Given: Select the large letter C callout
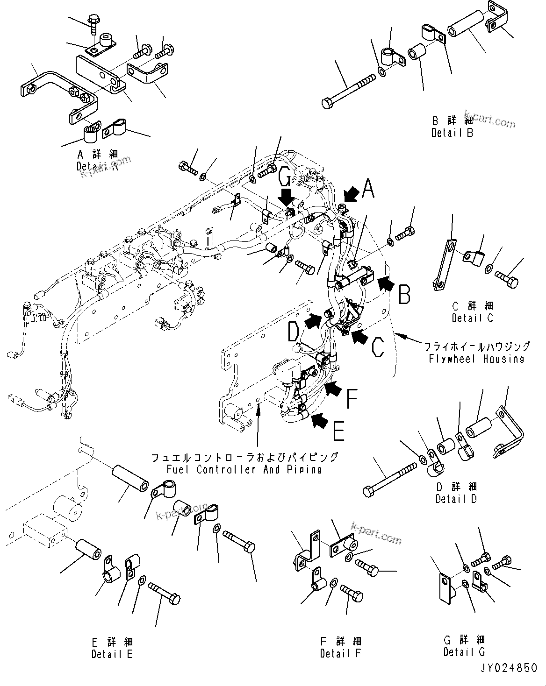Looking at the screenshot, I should (378, 347).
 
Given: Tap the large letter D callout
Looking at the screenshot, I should (294, 333).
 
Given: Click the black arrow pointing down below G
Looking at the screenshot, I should (287, 195).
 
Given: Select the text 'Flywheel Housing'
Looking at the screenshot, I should (476, 359).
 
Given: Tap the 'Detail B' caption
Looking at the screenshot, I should (452, 133).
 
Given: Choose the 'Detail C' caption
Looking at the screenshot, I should (473, 318).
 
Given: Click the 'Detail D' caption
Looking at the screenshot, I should (456, 499).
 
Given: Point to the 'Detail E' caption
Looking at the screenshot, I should (112, 654).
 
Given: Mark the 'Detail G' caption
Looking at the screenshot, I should (464, 651).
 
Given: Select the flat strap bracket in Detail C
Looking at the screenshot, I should (444, 265).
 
